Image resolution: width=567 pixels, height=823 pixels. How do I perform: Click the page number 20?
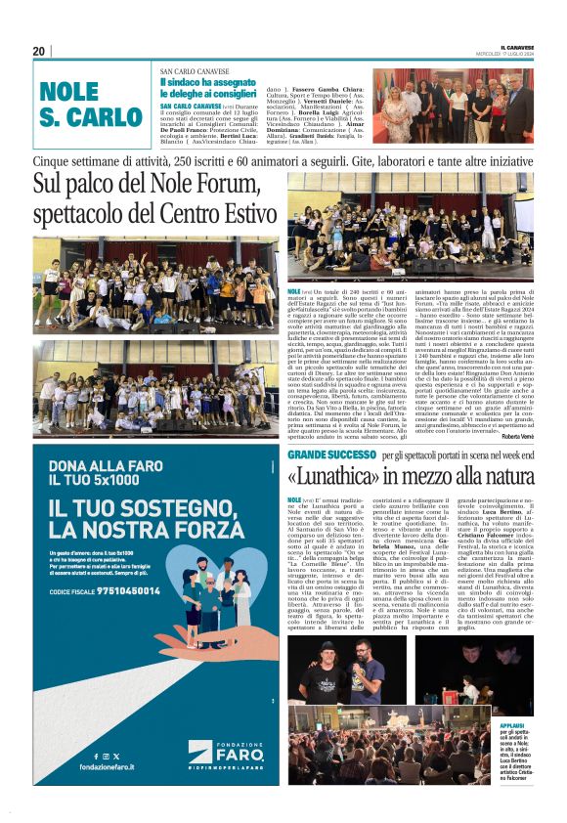(x=39, y=51)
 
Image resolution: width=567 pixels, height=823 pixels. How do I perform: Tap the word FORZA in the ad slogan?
(x=197, y=529)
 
